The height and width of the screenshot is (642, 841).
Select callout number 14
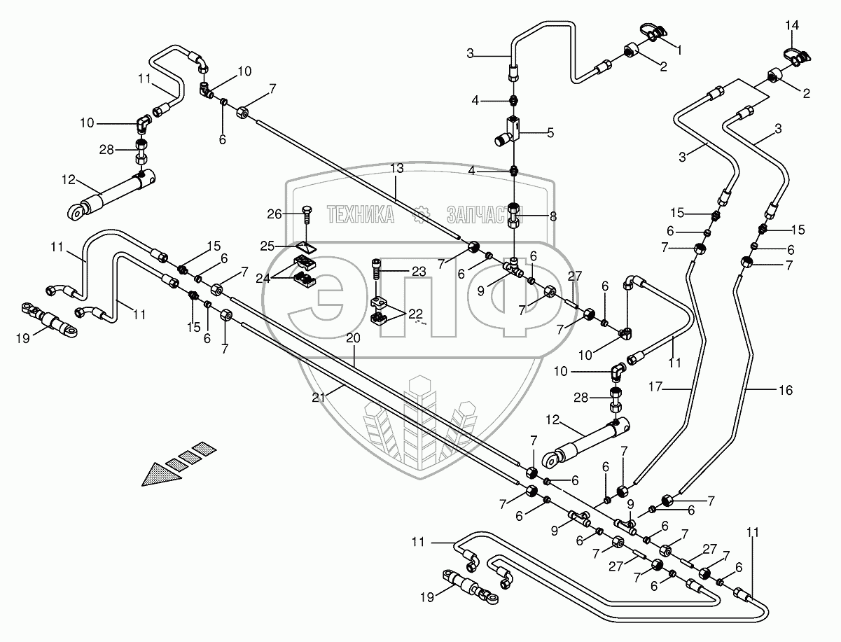(791, 26)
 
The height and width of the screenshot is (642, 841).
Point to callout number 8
(553, 216)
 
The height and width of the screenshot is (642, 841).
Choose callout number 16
(786, 391)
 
